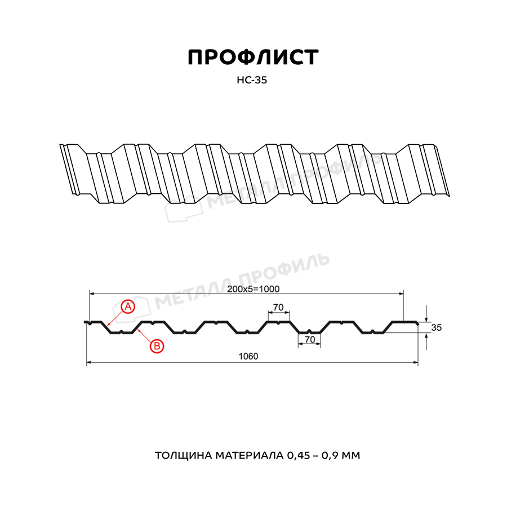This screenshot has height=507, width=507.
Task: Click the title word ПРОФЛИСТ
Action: [x=253, y=57]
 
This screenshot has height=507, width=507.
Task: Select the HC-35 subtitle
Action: [x=252, y=80]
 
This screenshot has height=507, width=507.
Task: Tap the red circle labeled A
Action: [x=128, y=306]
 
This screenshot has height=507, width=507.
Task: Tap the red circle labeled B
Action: [x=157, y=346]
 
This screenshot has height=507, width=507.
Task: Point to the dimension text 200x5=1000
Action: [x=253, y=289]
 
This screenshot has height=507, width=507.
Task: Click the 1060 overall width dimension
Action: [x=248, y=357]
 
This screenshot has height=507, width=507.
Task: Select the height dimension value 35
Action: [x=436, y=327]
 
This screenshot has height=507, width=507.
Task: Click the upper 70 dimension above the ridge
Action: [x=278, y=307]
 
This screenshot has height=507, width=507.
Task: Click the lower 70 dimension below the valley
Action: [x=310, y=340]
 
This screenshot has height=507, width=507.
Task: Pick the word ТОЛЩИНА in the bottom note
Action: [x=183, y=455]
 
